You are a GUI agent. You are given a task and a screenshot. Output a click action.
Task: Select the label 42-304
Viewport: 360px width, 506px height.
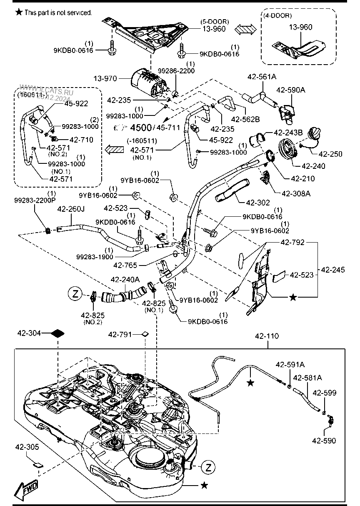tap(29, 333)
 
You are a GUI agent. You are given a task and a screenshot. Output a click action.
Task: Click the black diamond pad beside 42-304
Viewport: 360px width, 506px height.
tap(58, 333)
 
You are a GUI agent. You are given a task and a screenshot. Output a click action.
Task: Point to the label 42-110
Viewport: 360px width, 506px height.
tap(267, 336)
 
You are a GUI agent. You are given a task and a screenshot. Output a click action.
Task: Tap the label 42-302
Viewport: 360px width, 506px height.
tap(258, 203)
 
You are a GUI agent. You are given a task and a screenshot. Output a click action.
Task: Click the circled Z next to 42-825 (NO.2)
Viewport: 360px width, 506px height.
tap(75, 293)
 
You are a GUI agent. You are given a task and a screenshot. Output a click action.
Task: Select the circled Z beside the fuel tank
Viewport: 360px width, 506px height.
tap(208, 467)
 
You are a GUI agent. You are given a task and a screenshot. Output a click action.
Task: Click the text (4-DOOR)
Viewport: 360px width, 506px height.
tap(277, 15)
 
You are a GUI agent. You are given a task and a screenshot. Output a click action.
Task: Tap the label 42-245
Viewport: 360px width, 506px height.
tap(333, 270)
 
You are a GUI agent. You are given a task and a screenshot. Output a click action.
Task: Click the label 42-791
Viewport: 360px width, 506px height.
tap(120, 334)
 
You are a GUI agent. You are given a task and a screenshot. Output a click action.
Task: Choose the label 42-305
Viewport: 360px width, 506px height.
tap(28, 447)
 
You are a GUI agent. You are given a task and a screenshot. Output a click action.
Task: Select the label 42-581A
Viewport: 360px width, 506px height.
tap(307, 378)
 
